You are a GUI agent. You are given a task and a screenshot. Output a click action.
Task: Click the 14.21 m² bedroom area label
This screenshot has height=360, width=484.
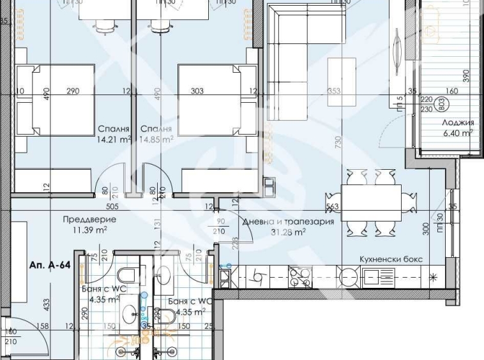(x=113, y=138)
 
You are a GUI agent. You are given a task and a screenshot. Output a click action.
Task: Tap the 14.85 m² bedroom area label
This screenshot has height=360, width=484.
(x=156, y=138)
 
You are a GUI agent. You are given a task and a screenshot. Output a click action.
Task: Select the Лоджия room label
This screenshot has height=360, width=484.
(x=458, y=123)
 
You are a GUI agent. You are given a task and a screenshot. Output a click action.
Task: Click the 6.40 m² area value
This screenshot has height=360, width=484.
(x=458, y=133)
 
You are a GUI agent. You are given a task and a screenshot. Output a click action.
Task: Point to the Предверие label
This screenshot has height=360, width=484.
(x=84, y=219)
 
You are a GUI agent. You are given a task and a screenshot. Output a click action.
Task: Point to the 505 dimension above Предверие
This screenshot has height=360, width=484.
(x=95, y=206)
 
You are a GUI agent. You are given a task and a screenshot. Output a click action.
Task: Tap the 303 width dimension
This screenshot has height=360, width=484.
(x=197, y=91)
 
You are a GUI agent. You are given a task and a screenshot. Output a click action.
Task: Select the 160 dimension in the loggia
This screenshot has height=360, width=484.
(x=452, y=91)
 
